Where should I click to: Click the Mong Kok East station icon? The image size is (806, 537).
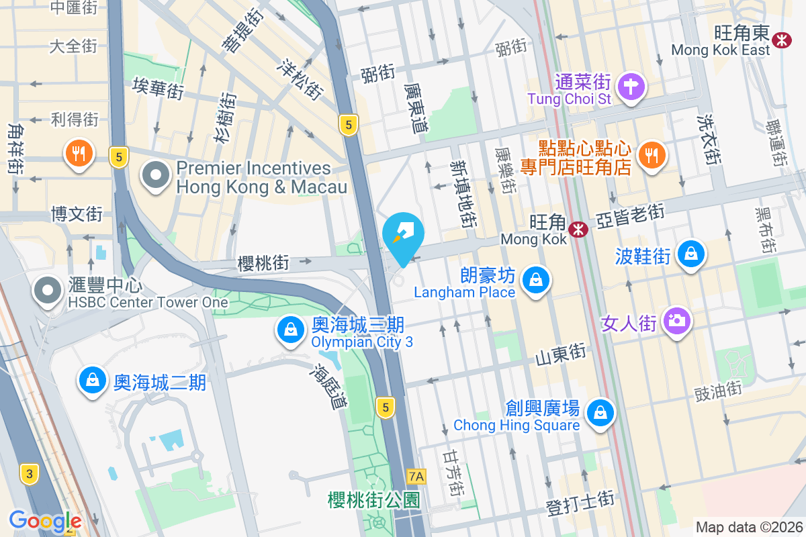pyautogui.click(x=782, y=40)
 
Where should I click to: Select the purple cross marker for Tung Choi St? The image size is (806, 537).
pyautogui.click(x=631, y=87)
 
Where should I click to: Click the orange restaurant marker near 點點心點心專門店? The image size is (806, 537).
pyautogui.click(x=651, y=154)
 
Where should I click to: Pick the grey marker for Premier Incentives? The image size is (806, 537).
pyautogui.click(x=156, y=176)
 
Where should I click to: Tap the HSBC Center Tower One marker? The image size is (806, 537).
pyautogui.click(x=48, y=291)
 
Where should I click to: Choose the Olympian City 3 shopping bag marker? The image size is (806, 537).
pyautogui.click(x=290, y=330)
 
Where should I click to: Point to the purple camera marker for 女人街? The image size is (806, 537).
pyautogui.click(x=677, y=320)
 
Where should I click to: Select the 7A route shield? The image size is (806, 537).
pyautogui.click(x=416, y=477)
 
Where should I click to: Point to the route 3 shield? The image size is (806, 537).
pyautogui.click(x=29, y=473)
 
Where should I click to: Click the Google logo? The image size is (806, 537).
pyautogui.click(x=45, y=521)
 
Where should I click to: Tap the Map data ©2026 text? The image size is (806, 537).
pyautogui.click(x=748, y=527)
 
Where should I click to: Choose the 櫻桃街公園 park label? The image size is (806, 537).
pyautogui.click(x=374, y=500)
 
